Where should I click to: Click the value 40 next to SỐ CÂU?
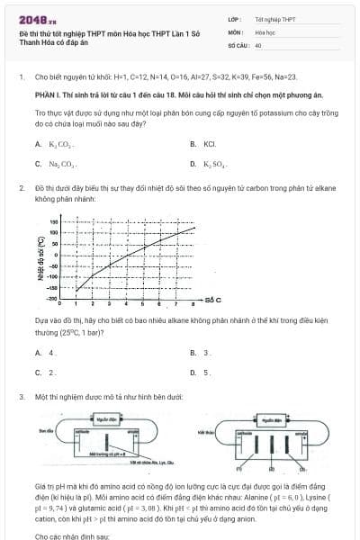pos(258,44)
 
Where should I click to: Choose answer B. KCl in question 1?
pos(208,144)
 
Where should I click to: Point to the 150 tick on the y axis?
pos(55,221)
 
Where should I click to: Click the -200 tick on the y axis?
pos(53,296)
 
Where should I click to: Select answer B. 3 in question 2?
pos(206,353)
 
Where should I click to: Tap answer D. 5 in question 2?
pos(206,372)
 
